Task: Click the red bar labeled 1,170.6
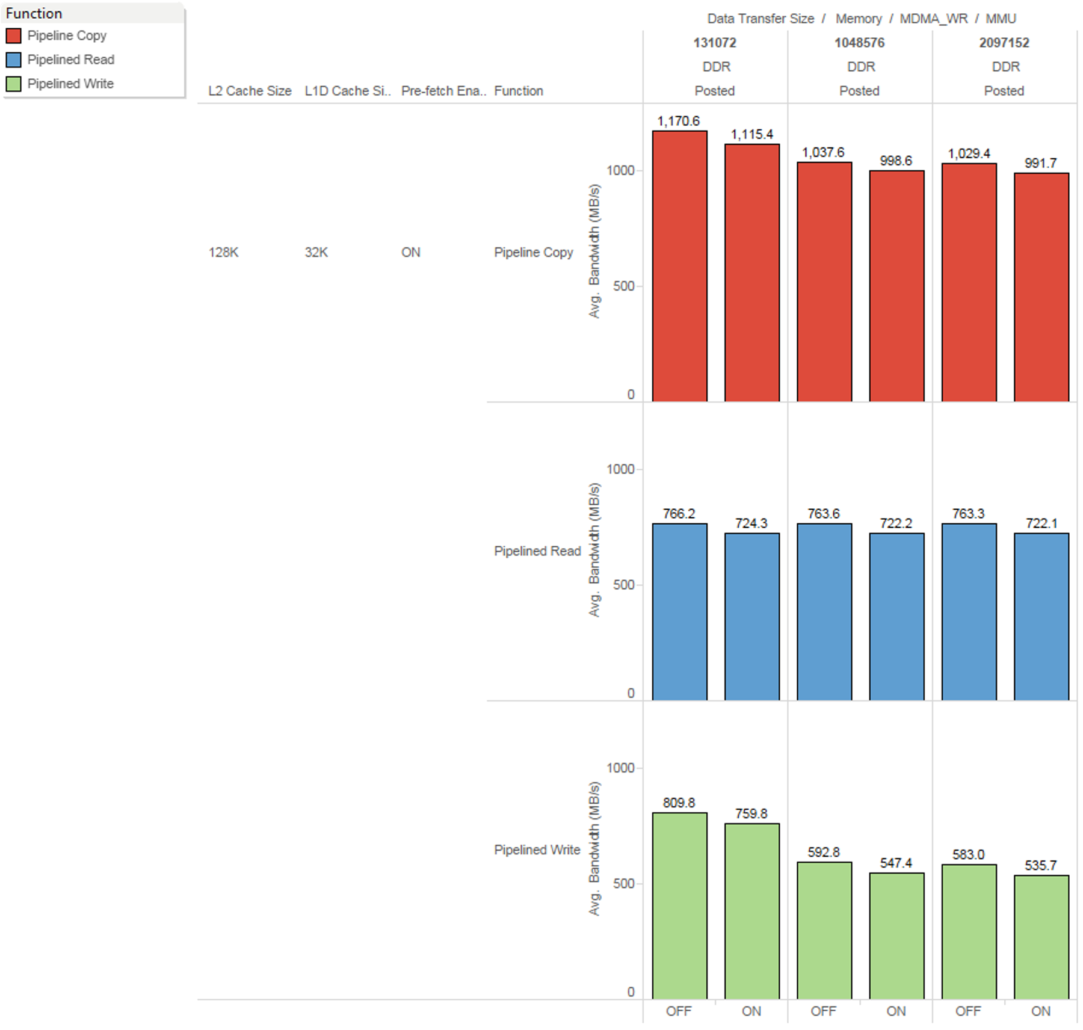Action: point(679,265)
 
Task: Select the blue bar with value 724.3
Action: point(751,616)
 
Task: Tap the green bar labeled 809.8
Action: point(679,905)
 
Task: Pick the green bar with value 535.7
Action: point(1041,936)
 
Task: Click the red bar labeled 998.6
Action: point(896,285)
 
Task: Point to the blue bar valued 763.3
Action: point(969,611)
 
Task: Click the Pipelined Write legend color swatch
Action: point(13,84)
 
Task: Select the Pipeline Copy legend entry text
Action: point(67,35)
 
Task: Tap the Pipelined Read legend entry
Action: point(70,60)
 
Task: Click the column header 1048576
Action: point(859,43)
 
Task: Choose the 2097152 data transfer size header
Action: point(1004,43)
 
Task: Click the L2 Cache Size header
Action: point(250,91)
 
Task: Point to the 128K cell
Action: point(223,252)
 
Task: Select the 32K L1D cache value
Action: point(316,252)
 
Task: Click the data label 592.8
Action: point(823,852)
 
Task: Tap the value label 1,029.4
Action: point(969,153)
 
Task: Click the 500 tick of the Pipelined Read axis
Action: point(623,585)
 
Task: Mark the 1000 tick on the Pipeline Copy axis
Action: point(620,170)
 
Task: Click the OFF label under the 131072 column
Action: point(679,1011)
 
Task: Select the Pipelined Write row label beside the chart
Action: point(537,850)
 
